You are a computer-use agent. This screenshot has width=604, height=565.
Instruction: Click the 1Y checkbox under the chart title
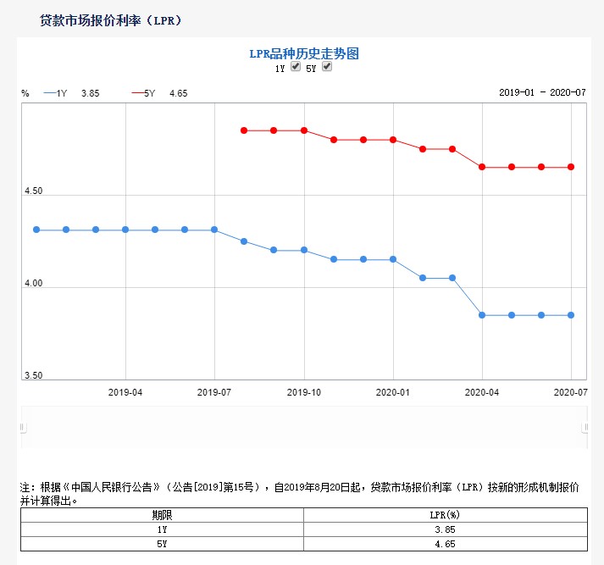point(296,67)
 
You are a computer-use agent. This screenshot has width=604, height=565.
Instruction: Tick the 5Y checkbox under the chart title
point(327,67)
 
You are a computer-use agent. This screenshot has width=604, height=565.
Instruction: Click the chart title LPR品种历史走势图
point(304,53)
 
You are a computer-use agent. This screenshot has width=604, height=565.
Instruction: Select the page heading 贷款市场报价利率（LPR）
point(111,20)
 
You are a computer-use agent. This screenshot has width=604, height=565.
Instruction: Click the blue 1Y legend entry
point(56,93)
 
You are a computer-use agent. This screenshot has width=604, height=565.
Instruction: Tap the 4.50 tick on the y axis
point(33,191)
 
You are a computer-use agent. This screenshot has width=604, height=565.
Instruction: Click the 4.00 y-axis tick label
point(33,284)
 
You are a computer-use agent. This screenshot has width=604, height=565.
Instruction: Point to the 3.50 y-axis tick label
point(33,376)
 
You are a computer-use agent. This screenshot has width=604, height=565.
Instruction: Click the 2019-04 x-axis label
point(125,393)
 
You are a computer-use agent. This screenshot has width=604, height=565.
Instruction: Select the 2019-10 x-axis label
point(304,393)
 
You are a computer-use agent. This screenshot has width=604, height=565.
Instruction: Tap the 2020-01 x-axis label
point(393,393)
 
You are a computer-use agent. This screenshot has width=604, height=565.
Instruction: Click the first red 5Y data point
point(244,130)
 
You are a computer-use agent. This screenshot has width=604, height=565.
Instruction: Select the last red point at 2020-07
point(571,167)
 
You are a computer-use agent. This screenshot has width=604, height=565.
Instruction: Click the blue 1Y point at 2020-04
point(482,315)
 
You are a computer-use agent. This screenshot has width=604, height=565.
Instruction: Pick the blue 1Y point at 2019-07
point(214,230)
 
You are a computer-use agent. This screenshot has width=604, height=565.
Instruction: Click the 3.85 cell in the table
point(444,529)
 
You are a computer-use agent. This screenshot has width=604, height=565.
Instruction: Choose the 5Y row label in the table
point(160,543)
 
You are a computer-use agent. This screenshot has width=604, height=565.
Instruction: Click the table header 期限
point(160,514)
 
